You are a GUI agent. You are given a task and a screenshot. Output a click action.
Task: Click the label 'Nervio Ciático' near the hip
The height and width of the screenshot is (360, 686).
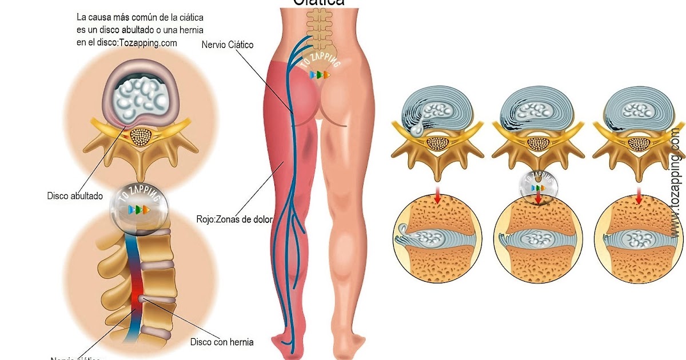click(x=227, y=45)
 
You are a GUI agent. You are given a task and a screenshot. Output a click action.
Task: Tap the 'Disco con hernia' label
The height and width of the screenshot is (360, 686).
click(x=221, y=342)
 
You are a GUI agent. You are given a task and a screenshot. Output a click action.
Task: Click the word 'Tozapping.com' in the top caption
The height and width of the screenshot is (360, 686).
click(x=149, y=42)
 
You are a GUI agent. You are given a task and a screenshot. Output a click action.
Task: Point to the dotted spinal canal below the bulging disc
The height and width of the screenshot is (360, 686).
click(x=141, y=136)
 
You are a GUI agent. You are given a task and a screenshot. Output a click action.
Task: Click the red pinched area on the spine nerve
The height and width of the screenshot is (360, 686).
click(x=137, y=297)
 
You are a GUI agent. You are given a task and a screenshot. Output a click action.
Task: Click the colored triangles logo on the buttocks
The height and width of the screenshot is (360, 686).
click(x=320, y=75)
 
